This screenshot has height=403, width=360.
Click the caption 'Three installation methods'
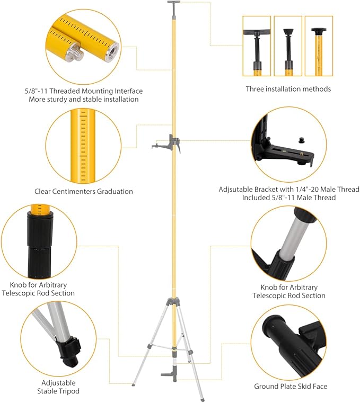(x=288, y=89)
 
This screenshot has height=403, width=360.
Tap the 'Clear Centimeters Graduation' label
(x=84, y=191)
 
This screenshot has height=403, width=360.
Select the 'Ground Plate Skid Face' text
(x=290, y=387)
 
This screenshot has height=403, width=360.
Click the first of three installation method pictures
(x=257, y=45)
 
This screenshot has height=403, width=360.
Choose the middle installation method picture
(x=288, y=45)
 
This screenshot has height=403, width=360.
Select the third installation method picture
(x=319, y=45)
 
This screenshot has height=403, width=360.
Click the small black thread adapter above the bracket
(x=303, y=140)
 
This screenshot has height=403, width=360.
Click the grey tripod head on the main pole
(x=174, y=301)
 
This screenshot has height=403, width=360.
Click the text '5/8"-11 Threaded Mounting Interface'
(x=84, y=91)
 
